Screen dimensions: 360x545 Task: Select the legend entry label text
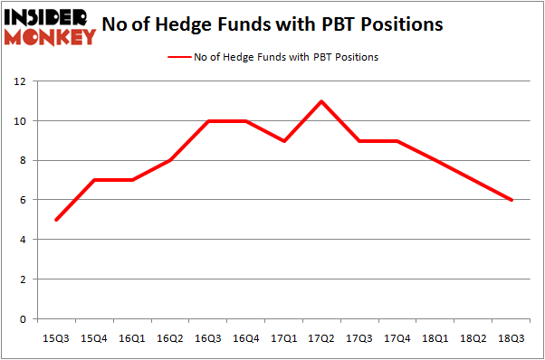pyautogui.click(x=286, y=57)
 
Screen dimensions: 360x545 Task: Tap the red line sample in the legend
pyautogui.click(x=177, y=57)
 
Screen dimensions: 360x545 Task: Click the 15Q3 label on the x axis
pyautogui.click(x=56, y=338)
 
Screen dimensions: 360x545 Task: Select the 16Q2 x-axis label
pyautogui.click(x=170, y=338)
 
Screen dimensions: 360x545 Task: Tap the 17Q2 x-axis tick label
pyautogui.click(x=322, y=338)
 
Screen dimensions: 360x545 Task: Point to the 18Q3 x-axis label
pyautogui.click(x=512, y=338)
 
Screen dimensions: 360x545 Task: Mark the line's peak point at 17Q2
pyautogui.click(x=322, y=100)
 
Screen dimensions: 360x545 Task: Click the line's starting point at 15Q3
pyautogui.click(x=56, y=220)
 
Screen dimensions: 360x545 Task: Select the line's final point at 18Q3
pyautogui.click(x=512, y=200)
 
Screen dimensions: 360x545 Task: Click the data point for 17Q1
pyautogui.click(x=284, y=140)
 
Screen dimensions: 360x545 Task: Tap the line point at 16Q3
pyautogui.click(x=208, y=120)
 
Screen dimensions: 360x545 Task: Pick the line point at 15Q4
pyautogui.click(x=94, y=180)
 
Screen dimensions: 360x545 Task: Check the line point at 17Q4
pyautogui.click(x=398, y=140)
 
